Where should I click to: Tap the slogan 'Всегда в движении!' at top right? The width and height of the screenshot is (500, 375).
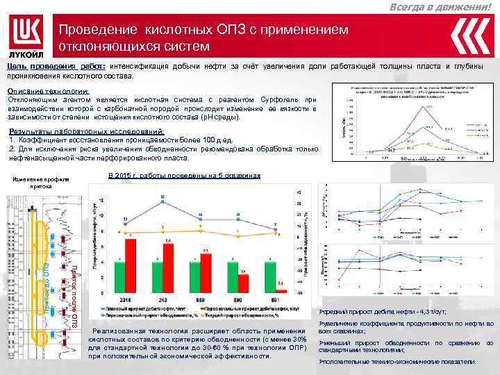452,6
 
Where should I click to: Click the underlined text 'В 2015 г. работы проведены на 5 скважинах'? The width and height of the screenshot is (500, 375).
185,176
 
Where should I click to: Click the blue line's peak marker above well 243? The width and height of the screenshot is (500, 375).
162,201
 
